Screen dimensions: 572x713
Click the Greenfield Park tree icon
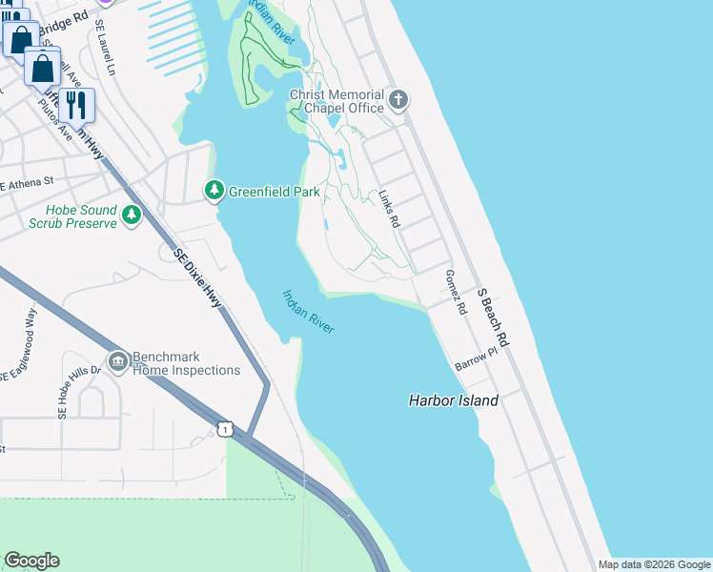pos(214,191)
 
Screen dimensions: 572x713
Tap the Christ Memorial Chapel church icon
pos(398,99)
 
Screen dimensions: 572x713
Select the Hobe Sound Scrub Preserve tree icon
pos(132,216)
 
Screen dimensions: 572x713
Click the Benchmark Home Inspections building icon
pos(118,361)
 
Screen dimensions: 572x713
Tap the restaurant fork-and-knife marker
pos(76,104)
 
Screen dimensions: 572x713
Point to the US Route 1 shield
pos(225,430)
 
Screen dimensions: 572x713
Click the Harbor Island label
pos(453,400)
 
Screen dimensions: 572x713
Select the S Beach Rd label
pos(495,317)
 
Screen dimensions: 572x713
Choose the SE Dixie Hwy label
pos(198,277)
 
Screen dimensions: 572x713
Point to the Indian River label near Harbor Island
pos(309,312)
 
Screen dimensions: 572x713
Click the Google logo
pos(31,561)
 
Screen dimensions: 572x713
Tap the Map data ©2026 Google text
pos(653,564)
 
